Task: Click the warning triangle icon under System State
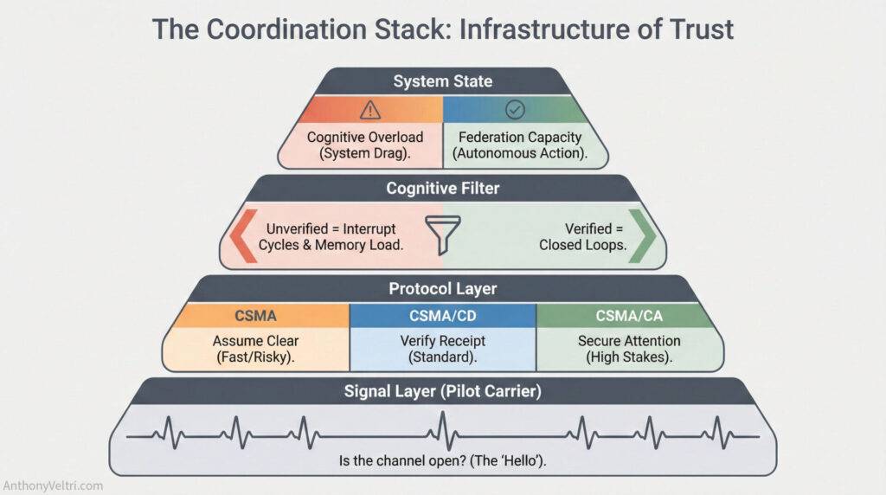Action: (x=370, y=109)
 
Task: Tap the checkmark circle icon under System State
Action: (x=516, y=109)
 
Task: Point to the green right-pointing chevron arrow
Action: (x=643, y=235)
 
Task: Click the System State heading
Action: (x=442, y=82)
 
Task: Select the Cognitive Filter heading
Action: (x=442, y=188)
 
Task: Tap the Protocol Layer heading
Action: (x=442, y=289)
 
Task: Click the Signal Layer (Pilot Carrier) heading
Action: (x=442, y=391)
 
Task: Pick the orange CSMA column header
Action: (x=257, y=316)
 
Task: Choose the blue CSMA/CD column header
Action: (x=443, y=316)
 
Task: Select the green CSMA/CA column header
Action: (x=629, y=316)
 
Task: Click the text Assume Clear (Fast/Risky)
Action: (x=257, y=348)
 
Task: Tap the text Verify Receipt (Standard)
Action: (x=443, y=348)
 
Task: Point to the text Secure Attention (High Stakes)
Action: (x=629, y=348)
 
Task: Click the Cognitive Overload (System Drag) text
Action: (x=365, y=145)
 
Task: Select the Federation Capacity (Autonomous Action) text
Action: (x=520, y=145)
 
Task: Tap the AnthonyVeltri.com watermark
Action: (x=53, y=485)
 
